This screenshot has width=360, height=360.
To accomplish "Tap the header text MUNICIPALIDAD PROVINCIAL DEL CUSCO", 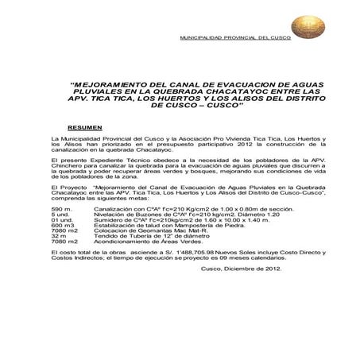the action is click(235, 37).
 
